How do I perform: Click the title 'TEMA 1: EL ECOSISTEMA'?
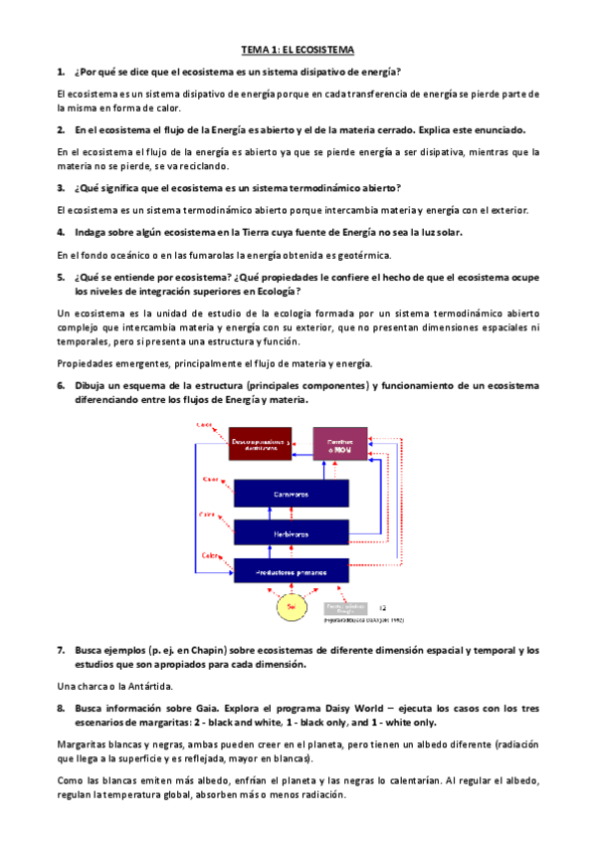click(x=298, y=49)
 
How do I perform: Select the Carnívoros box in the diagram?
click(x=291, y=493)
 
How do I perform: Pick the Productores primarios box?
click(x=291, y=571)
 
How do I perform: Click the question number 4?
click(x=61, y=232)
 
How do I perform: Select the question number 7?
click(x=61, y=650)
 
